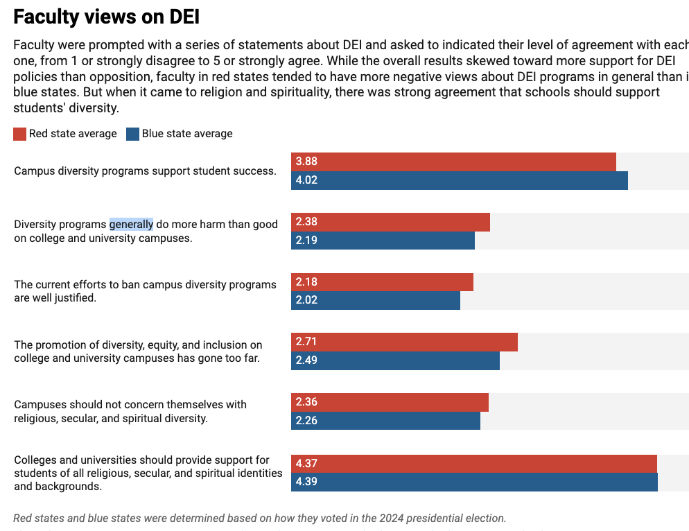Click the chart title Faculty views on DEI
point(107,17)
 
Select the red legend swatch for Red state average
point(20,134)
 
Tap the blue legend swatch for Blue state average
point(133,134)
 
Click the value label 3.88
point(306,162)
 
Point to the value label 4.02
point(306,180)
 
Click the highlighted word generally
point(131,224)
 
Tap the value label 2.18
point(306,282)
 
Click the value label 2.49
point(306,360)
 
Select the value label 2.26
point(306,421)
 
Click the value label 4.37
point(306,464)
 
